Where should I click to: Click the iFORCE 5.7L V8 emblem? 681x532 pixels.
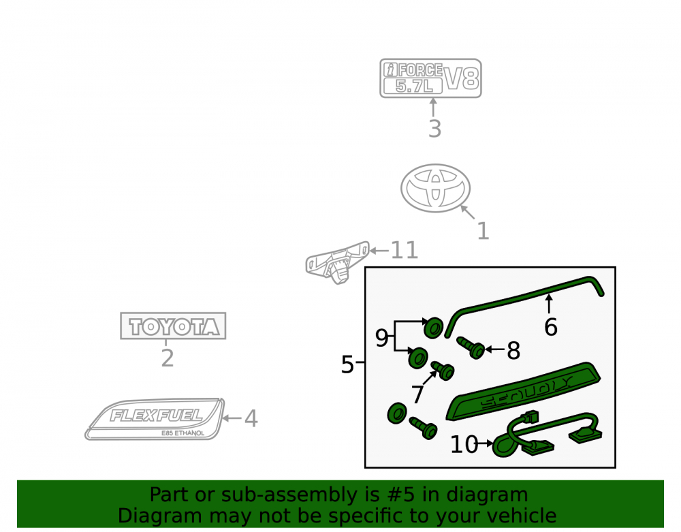coord(430,78)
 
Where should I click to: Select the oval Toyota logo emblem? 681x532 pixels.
coord(435,187)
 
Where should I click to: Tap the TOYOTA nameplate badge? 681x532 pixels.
coord(173,326)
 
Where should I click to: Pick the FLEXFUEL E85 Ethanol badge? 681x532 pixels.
coord(155,419)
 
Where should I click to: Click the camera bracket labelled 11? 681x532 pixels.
coord(337,262)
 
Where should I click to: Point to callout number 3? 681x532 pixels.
coord(434,129)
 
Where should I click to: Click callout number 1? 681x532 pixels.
coord(483,231)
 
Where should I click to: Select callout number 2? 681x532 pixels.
coord(168,358)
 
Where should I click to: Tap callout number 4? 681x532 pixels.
coord(251,419)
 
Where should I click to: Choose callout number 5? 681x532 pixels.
coord(347,364)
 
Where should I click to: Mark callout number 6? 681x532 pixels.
coord(551,327)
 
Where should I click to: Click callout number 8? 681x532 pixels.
coord(513,351)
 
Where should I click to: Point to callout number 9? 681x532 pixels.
coord(381,338)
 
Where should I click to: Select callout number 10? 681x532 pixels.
coord(464,444)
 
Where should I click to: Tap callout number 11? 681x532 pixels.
coord(405,250)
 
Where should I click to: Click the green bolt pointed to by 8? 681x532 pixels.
coord(471,348)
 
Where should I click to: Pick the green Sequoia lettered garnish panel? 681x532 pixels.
coord(523,391)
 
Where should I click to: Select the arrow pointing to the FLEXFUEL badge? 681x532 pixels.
coord(232,418)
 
